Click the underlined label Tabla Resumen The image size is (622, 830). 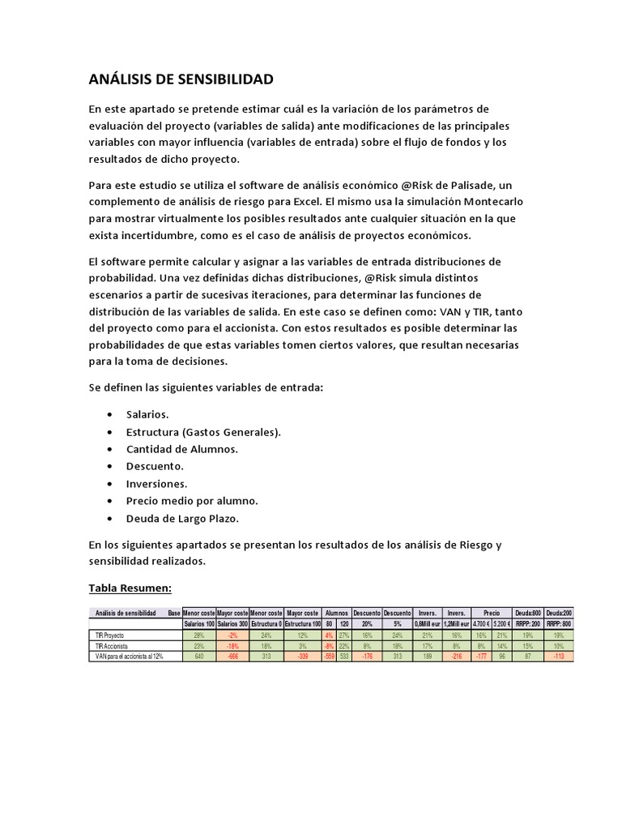click(x=130, y=588)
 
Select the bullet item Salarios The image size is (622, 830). click(x=147, y=414)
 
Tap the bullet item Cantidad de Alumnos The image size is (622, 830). click(x=181, y=449)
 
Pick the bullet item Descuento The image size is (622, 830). click(x=155, y=466)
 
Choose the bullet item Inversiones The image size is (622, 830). click(x=156, y=483)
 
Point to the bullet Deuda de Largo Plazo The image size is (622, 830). click(x=182, y=518)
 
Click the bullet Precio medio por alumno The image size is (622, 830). click(x=192, y=501)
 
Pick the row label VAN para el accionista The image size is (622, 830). click(x=130, y=656)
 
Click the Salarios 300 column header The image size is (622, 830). click(x=232, y=624)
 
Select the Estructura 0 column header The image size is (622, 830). click(x=266, y=624)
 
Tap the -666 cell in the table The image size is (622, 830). click(x=232, y=656)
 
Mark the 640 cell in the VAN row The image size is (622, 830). click(x=199, y=656)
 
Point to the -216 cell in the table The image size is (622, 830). click(x=456, y=656)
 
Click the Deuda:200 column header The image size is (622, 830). click(x=558, y=614)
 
